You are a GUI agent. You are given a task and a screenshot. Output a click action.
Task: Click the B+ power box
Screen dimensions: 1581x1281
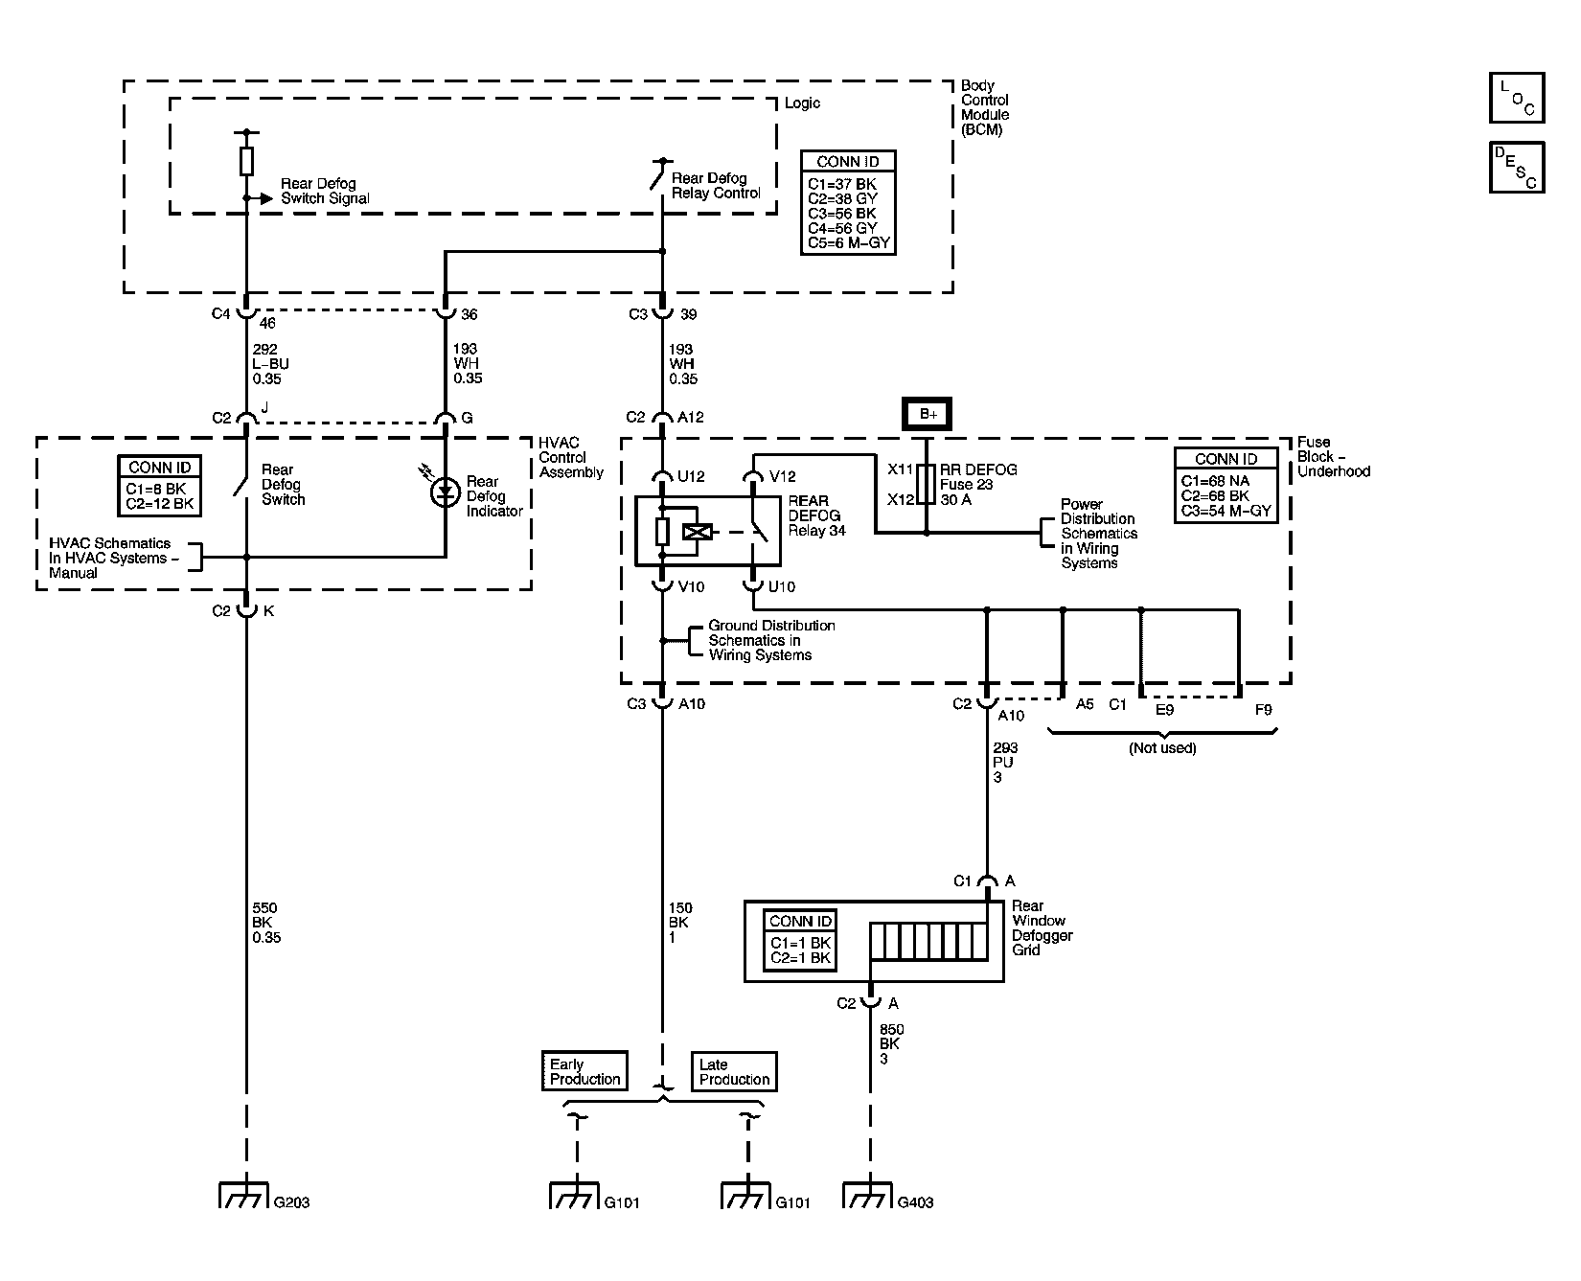928,414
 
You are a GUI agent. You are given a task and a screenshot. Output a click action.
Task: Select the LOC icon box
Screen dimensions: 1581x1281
1517,98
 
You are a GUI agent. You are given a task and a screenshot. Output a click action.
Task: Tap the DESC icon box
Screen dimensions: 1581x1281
1517,167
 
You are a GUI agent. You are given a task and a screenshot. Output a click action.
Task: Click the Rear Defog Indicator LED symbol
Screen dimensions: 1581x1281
445,493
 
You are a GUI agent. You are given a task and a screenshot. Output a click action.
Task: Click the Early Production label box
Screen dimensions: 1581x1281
584,1071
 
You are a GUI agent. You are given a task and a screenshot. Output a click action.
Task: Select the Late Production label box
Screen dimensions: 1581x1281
734,1071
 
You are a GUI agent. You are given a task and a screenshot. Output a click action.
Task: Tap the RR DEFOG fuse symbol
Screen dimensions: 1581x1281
927,485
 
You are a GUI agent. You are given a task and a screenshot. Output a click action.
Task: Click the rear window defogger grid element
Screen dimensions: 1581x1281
928,942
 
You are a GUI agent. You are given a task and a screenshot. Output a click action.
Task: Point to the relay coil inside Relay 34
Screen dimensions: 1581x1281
693,532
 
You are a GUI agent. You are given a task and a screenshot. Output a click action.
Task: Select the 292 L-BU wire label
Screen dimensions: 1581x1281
270,364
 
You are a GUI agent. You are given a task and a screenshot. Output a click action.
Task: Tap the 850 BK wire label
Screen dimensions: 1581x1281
890,1044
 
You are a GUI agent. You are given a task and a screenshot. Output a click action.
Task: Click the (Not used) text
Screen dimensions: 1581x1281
1162,748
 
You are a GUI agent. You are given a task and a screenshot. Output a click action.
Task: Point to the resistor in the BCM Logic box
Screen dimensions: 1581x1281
246,161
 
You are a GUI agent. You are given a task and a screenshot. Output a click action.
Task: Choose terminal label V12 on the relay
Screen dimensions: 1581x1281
782,476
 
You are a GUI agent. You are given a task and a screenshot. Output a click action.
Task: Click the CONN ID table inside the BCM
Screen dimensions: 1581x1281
847,202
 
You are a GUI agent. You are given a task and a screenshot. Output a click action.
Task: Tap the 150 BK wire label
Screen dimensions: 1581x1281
680,923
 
